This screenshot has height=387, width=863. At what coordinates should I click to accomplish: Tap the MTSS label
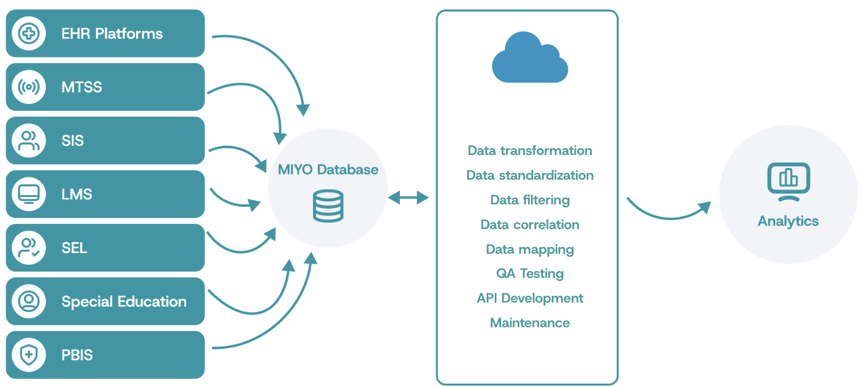[x=82, y=87]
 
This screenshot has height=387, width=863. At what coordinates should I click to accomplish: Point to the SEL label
[x=74, y=248]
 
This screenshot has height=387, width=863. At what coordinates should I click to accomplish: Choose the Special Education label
[x=124, y=301]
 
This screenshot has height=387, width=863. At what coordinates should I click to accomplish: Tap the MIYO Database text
[x=328, y=169]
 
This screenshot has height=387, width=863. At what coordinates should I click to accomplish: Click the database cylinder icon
[x=328, y=206]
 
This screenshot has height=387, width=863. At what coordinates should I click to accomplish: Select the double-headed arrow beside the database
[x=409, y=198]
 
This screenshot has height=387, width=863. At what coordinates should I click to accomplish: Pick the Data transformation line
[x=530, y=150]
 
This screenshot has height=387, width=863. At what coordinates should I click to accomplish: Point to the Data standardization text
[x=530, y=175]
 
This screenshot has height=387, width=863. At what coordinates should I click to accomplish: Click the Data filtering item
[x=530, y=200]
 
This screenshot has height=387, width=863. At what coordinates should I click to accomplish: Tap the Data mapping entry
[x=530, y=249]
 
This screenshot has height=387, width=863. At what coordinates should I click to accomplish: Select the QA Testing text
[x=530, y=273]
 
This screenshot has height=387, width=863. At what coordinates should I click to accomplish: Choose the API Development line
[x=530, y=298]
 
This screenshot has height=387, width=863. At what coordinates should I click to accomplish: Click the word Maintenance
[x=530, y=323]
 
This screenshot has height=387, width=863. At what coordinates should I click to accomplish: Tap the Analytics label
[x=788, y=221]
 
